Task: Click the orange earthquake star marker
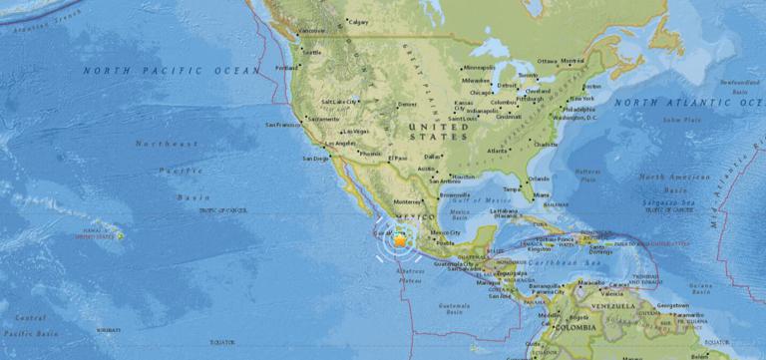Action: (400, 240)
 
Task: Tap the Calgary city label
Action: (358, 20)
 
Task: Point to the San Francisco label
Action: (282, 125)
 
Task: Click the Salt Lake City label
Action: (340, 102)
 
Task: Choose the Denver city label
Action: (407, 104)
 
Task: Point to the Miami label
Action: (542, 194)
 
